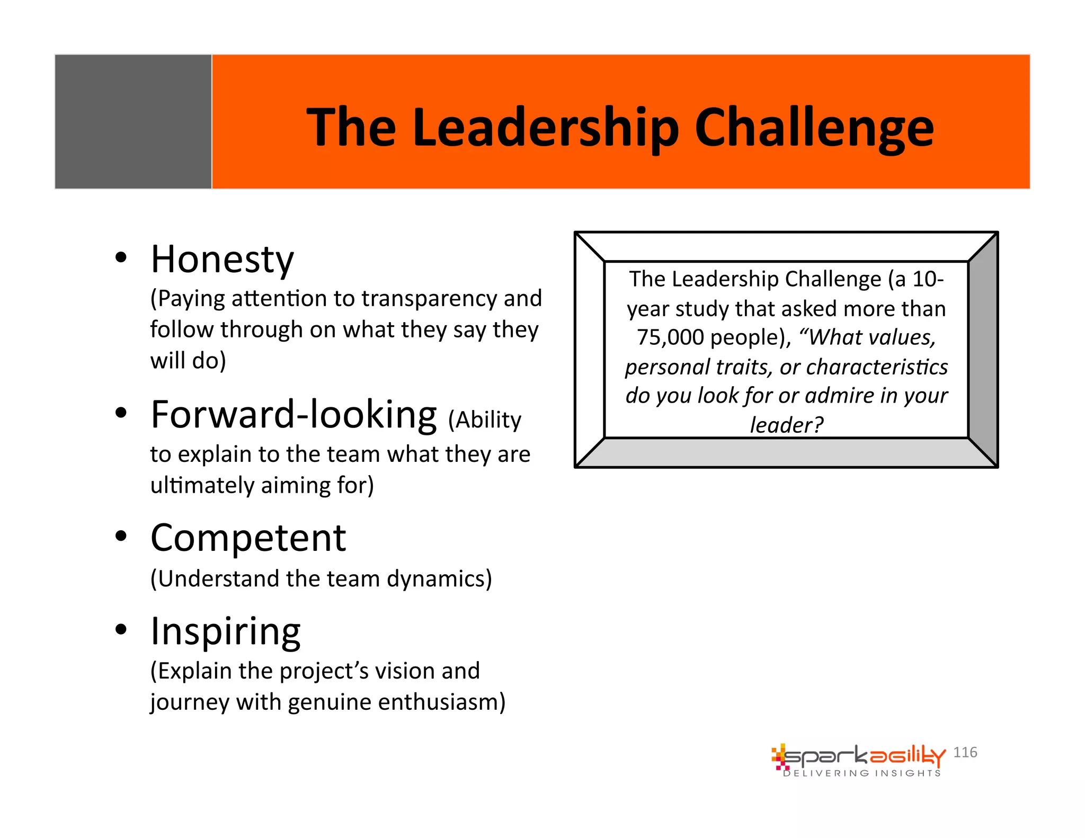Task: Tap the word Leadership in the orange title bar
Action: [x=546, y=128]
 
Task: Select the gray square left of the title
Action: [x=133, y=121]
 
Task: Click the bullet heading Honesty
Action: [x=222, y=260]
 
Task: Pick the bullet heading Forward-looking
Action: [x=294, y=415]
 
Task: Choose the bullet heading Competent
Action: [x=248, y=538]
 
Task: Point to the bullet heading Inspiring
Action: [x=226, y=631]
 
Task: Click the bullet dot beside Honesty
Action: [x=121, y=258]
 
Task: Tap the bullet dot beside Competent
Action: [x=121, y=536]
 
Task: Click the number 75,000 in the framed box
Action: [x=670, y=337]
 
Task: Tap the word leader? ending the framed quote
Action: [x=787, y=425]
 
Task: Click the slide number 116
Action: [x=965, y=752]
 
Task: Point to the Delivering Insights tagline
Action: [x=862, y=773]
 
